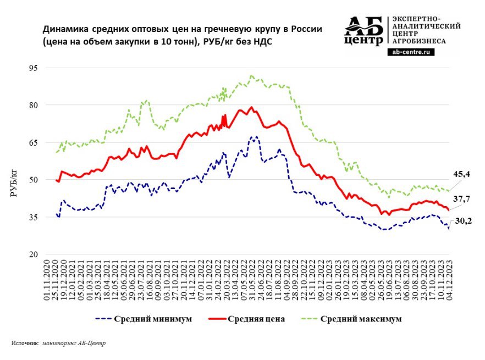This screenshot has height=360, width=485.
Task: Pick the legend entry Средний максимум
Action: coord(361,319)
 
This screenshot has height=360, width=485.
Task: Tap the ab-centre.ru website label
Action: coord(411,52)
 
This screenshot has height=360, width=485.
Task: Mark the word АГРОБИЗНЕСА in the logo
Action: coord(420,41)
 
